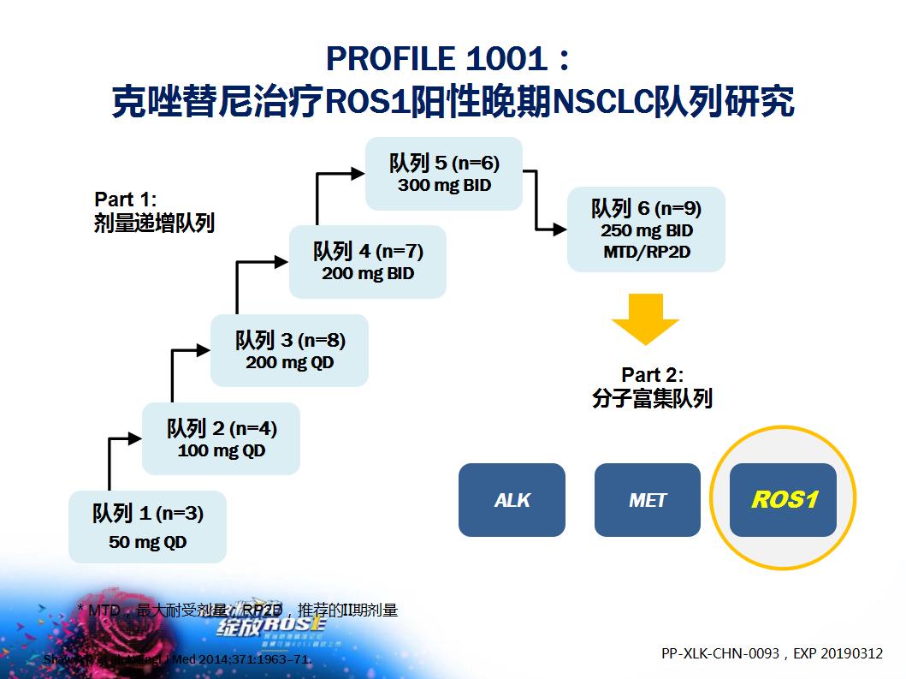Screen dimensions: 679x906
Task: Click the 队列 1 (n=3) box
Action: coord(147,527)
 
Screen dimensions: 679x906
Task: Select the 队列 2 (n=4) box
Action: coord(221,438)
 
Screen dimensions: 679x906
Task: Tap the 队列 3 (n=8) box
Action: coord(289,350)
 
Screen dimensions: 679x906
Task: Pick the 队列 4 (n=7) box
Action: coord(367,261)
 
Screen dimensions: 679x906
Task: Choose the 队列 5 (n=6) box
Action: coord(443,173)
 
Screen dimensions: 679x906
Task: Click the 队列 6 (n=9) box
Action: coord(646,229)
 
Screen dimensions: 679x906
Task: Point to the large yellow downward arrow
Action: coord(645,319)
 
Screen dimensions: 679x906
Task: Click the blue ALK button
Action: coord(512,500)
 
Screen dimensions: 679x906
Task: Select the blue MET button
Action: coord(647,500)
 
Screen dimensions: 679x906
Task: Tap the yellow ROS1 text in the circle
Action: coord(783,499)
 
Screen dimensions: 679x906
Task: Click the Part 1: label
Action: coord(125,199)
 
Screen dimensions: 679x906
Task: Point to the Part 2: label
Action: coord(652,375)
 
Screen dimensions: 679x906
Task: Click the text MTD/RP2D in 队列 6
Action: coord(646,252)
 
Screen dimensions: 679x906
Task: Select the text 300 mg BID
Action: coord(444,184)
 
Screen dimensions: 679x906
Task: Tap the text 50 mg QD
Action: coord(147,542)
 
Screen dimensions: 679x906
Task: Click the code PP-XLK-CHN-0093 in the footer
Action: coord(720,653)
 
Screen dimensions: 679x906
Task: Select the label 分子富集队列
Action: coord(652,398)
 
